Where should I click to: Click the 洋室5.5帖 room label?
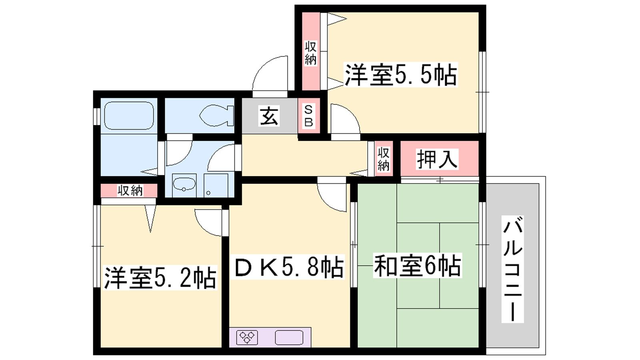(401, 74)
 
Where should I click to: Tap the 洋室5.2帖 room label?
(160, 278)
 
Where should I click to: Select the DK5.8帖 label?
(288, 267)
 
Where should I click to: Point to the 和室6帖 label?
(417, 266)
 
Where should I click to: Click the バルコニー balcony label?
(512, 269)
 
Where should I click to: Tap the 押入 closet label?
(437, 159)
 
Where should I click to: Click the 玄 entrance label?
(269, 116)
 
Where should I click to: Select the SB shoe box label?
(308, 116)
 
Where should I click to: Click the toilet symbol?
(216, 116)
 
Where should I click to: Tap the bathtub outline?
(129, 116)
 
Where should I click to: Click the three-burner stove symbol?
(247, 338)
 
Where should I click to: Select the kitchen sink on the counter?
(289, 338)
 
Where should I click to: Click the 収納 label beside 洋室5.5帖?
(310, 53)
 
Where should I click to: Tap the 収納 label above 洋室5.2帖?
(130, 190)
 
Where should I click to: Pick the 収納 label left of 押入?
(384, 159)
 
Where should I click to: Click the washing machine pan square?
(216, 186)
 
